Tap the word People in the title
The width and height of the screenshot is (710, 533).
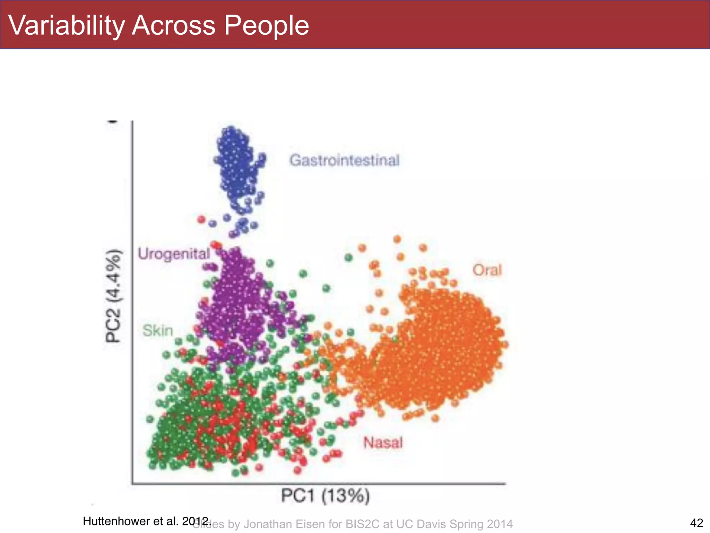tap(266, 26)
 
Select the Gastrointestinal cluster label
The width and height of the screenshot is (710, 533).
tap(344, 161)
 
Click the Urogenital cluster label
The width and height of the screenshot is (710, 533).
tap(174, 254)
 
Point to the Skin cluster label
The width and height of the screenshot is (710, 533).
tap(158, 331)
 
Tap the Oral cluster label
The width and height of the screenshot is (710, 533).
tap(487, 270)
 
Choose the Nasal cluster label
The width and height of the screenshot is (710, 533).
tap(383, 443)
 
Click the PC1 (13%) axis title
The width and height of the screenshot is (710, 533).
tap(325, 496)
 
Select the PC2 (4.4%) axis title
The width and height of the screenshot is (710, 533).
tap(114, 296)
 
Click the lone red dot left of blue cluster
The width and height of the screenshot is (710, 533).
tap(201, 219)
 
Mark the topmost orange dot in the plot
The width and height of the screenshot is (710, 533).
tap(397, 239)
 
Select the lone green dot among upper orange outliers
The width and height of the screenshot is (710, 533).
tap(349, 257)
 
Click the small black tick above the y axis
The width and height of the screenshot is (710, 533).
tap(113, 121)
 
